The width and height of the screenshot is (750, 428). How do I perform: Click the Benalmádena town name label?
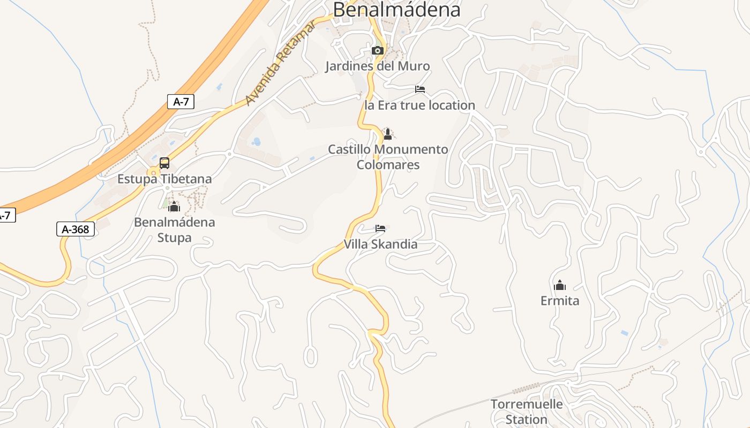pyautogui.click(x=396, y=10)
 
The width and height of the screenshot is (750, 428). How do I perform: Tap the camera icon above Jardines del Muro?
pyautogui.click(x=378, y=51)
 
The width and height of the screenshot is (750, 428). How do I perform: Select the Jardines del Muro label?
pyautogui.click(x=378, y=66)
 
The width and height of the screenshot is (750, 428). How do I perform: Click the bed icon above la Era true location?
pyautogui.click(x=420, y=89)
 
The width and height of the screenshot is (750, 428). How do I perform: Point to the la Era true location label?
pyautogui.click(x=419, y=105)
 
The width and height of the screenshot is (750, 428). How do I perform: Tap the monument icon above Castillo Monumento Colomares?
pyautogui.click(x=388, y=134)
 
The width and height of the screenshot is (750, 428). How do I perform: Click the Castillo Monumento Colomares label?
pyautogui.click(x=388, y=157)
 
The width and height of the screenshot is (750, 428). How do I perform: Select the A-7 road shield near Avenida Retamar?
pyautogui.click(x=181, y=102)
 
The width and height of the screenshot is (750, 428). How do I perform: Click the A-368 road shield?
pyautogui.click(x=76, y=230)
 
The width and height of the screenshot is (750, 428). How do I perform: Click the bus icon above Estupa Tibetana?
pyautogui.click(x=164, y=163)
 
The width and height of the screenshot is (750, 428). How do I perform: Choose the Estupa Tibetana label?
pyautogui.click(x=164, y=179)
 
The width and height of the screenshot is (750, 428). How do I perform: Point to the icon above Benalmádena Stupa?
pyautogui.click(x=174, y=207)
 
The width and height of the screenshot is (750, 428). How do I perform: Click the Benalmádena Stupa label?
pyautogui.click(x=174, y=230)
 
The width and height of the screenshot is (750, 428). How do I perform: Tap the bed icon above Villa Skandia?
pyautogui.click(x=380, y=228)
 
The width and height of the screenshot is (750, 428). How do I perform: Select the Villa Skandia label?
pyautogui.click(x=380, y=244)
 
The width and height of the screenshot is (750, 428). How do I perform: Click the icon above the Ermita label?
pyautogui.click(x=560, y=285)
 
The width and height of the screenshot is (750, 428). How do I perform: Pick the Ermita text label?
pyautogui.click(x=560, y=301)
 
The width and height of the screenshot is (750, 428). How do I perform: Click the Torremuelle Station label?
pyautogui.click(x=527, y=411)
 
